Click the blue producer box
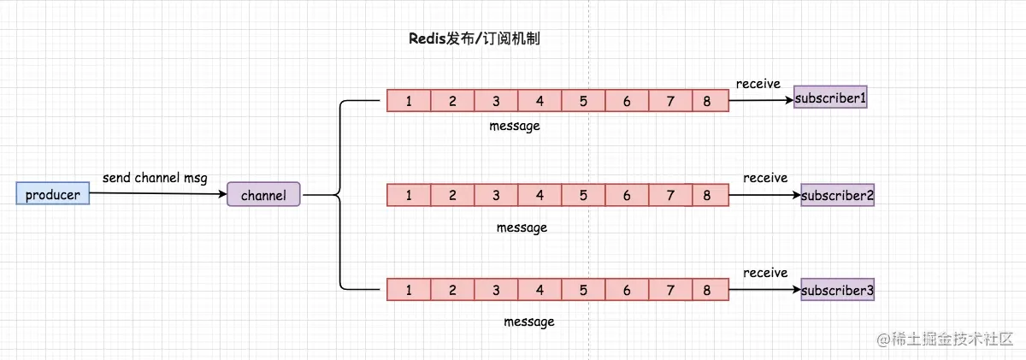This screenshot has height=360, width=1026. tap(52, 195)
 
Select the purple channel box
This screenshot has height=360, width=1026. tap(263, 195)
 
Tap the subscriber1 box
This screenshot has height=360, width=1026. tap(830, 98)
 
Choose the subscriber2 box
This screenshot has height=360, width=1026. tap(837, 195)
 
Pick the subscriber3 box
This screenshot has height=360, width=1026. tap(837, 291)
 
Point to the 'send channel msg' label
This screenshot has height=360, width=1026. tap(155, 178)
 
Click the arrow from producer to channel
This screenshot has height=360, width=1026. tap(158, 194)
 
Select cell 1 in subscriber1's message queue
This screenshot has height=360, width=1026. tap(409, 101)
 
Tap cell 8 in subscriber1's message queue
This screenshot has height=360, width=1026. tap(707, 101)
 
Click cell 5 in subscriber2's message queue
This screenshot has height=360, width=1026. tap(583, 195)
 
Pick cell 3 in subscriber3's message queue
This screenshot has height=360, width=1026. tap(496, 290)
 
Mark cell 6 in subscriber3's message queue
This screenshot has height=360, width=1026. tap(627, 290)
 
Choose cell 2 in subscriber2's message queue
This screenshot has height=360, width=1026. tap(452, 195)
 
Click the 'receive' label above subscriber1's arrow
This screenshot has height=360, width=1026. tap(758, 83)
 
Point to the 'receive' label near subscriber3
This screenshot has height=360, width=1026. tap(765, 273)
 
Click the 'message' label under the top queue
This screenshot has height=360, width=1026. tap(515, 126)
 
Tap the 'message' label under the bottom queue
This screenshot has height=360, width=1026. tap(528, 322)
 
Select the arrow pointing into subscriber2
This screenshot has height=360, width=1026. tap(764, 195)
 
